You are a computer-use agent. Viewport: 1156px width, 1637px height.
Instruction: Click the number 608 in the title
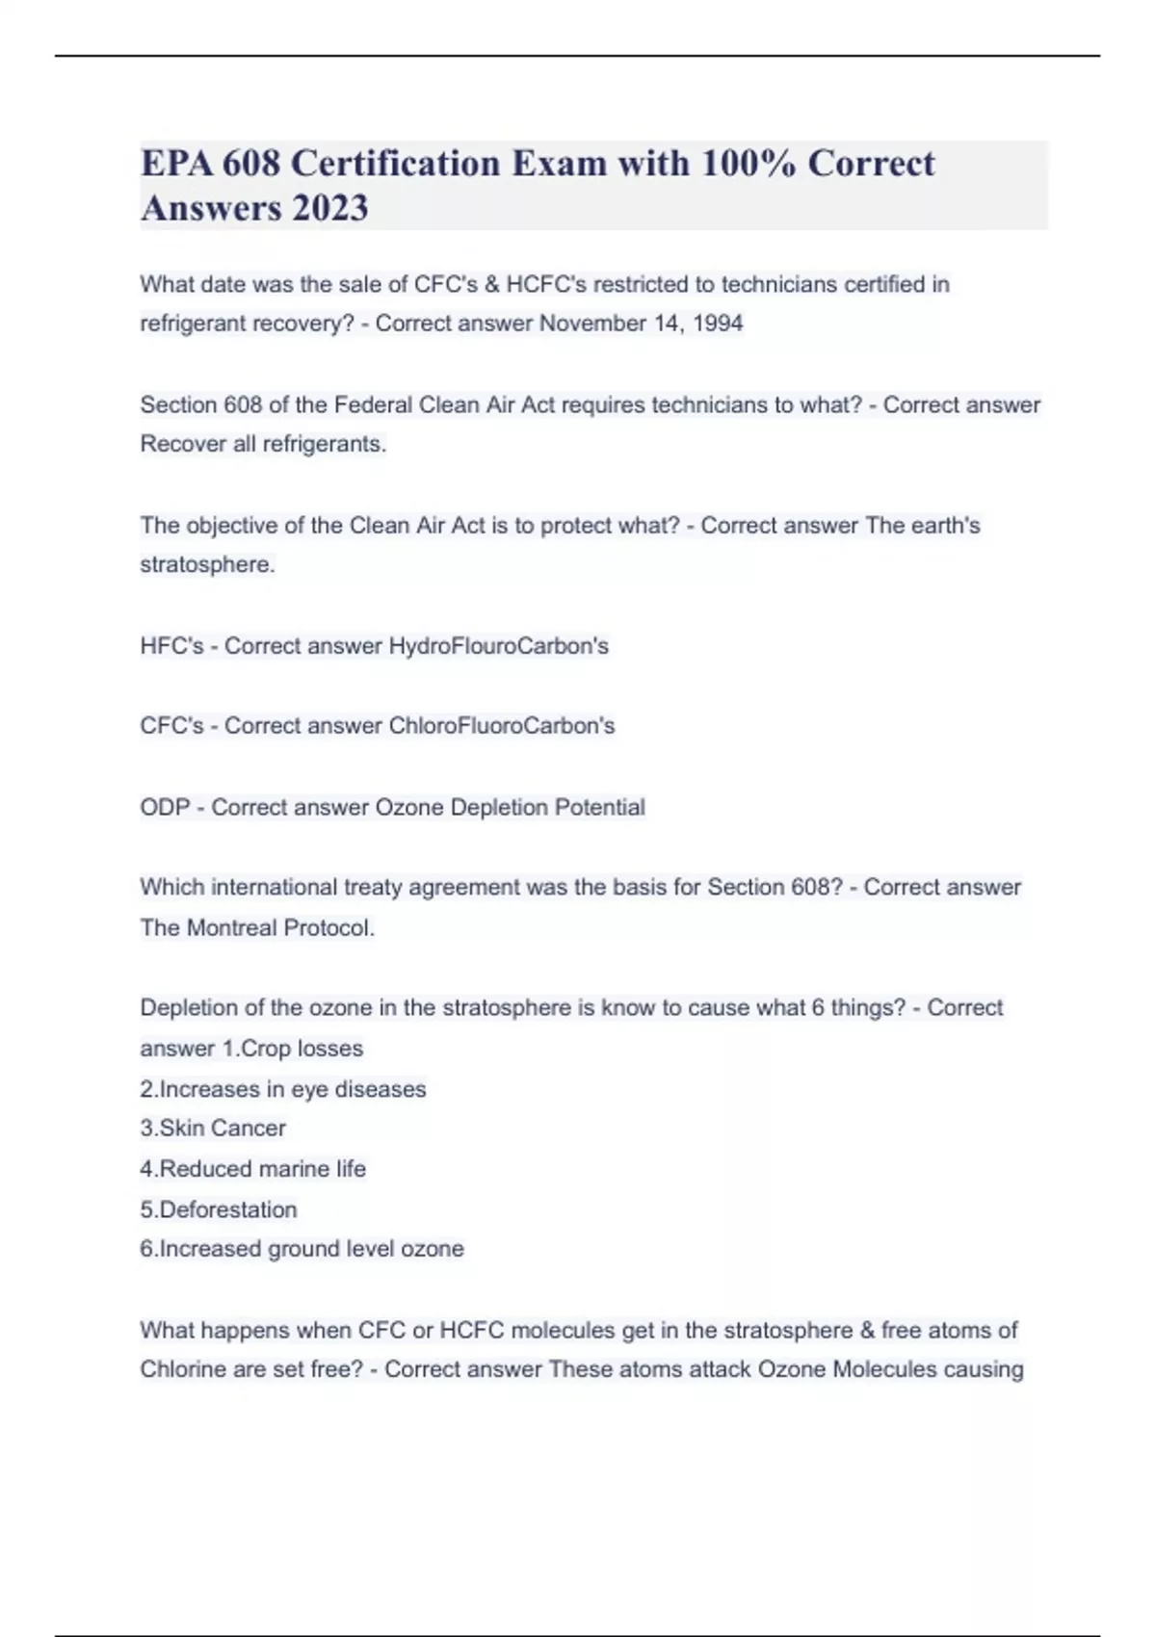(x=251, y=164)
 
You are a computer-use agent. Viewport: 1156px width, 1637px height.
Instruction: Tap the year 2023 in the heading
(x=330, y=208)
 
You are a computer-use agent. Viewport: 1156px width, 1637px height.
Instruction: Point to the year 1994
(x=718, y=324)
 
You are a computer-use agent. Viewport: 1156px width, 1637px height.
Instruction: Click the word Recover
(x=183, y=444)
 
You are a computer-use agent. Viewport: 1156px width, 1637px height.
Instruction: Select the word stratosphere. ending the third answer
(x=207, y=564)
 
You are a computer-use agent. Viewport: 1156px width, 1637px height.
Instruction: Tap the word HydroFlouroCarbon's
(x=498, y=646)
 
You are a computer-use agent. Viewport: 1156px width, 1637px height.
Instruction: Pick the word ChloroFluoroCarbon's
(x=501, y=726)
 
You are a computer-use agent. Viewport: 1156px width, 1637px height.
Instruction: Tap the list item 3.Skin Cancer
(x=213, y=1128)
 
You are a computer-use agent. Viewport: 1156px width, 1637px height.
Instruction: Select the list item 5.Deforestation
(x=219, y=1209)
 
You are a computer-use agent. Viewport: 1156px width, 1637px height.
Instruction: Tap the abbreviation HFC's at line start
(x=171, y=646)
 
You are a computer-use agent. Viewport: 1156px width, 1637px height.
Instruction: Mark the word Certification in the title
(x=394, y=164)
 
